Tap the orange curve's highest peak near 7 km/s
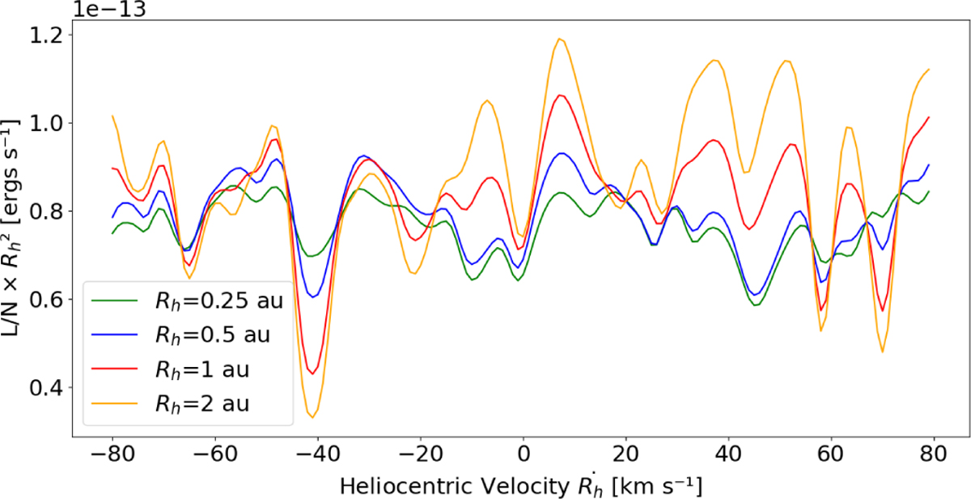pyautogui.click(x=558, y=38)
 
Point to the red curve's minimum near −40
pyautogui.click(x=313, y=373)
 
